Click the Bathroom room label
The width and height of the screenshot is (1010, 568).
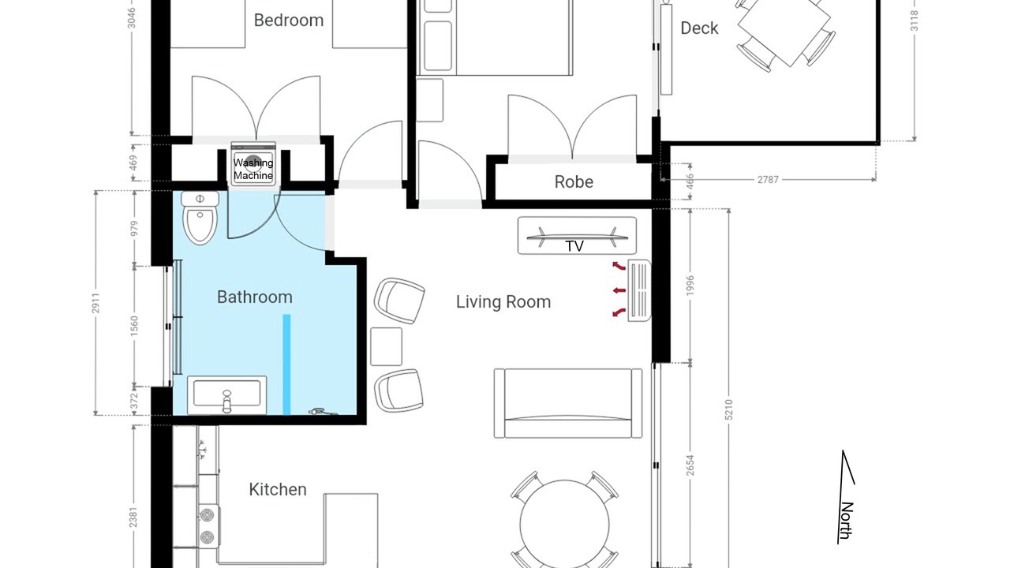[x=255, y=297]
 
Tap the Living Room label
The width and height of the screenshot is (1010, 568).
[x=503, y=302]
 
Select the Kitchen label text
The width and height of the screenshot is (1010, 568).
[x=278, y=490]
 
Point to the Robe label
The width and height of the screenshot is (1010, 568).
[x=574, y=182]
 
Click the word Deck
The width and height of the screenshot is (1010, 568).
[x=699, y=28]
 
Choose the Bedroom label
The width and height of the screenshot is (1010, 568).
[x=289, y=21]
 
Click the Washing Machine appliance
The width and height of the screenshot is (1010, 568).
[x=253, y=164]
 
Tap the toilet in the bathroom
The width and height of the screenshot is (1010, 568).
[x=200, y=219]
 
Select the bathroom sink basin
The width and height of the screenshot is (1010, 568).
[x=226, y=395]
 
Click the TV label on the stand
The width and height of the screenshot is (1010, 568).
[x=574, y=246]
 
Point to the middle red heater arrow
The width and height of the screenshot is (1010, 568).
[x=619, y=290]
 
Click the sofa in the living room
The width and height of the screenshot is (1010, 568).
[x=568, y=403]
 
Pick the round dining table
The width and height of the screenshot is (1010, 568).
[x=564, y=525]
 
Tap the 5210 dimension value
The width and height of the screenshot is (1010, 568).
[x=728, y=409]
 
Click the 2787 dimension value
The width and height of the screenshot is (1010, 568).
[x=768, y=180]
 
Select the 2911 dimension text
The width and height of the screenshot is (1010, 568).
[x=95, y=303]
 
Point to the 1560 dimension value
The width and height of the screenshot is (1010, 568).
[x=134, y=326]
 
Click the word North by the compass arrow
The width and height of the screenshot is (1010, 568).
[x=847, y=520]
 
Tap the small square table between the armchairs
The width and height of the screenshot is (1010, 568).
[x=387, y=346]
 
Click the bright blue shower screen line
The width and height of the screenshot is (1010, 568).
[x=286, y=364]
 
